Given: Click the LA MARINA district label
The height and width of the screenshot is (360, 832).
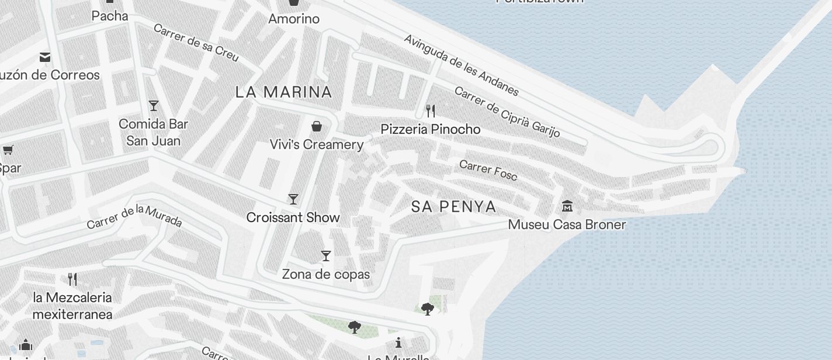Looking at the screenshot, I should (284, 92).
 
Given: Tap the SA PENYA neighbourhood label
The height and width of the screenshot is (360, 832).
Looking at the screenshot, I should (454, 206).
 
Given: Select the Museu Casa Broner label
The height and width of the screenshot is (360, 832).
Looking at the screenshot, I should (567, 224).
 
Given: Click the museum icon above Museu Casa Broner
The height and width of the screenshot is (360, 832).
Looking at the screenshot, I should (567, 206).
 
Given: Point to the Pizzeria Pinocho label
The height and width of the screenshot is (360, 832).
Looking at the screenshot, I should (431, 129).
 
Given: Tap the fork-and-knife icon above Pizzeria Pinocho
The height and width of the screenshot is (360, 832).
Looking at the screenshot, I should (431, 111).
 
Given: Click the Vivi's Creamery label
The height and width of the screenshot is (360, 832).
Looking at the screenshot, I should (317, 144).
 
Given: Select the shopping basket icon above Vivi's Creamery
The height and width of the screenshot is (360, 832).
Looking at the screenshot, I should (317, 126).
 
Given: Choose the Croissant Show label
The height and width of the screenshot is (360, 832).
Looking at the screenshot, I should (293, 217).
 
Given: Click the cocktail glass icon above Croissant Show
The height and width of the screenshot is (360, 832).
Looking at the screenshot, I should (293, 199).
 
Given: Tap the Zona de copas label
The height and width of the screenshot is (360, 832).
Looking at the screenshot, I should (326, 274).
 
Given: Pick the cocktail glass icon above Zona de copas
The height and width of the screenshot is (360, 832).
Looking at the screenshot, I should (326, 256).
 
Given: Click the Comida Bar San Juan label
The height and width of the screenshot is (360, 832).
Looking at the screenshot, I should (154, 132).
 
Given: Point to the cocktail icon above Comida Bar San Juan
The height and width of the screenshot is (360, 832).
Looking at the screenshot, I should (154, 106).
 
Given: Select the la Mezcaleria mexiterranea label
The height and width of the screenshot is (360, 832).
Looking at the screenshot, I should (72, 306).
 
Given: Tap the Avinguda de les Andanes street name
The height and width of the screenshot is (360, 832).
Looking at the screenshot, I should (461, 65).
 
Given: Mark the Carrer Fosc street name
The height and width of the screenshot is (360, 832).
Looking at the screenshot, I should (488, 170).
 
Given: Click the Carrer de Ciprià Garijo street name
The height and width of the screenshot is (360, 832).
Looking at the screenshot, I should (507, 112).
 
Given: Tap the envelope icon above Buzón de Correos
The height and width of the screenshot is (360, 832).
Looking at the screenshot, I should (45, 57).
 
